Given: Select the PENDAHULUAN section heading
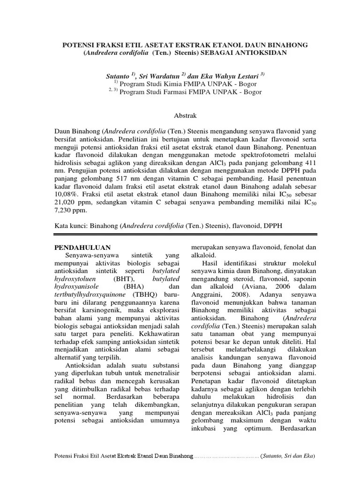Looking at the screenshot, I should click(x=82, y=247).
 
